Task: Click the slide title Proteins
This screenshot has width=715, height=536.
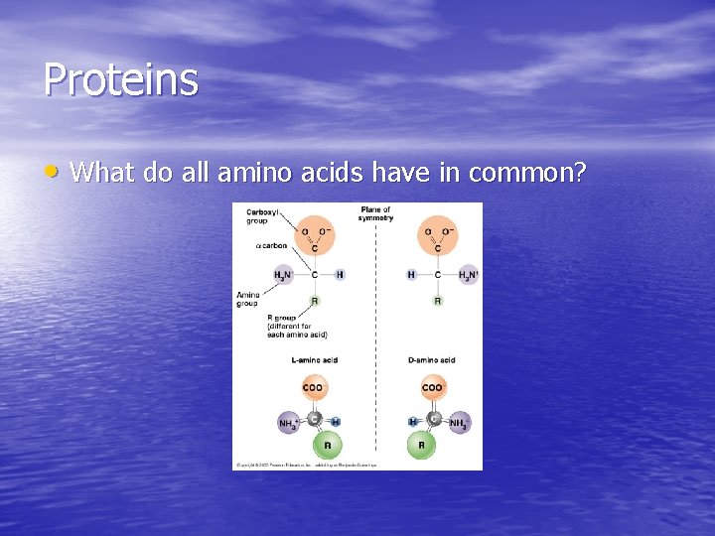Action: pyautogui.click(x=120, y=79)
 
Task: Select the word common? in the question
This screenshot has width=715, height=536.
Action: pyautogui.click(x=527, y=173)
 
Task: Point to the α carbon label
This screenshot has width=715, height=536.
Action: pyautogui.click(x=271, y=245)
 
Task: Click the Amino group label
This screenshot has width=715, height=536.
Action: pyautogui.click(x=247, y=299)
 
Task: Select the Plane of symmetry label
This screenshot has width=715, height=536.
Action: pyautogui.click(x=376, y=213)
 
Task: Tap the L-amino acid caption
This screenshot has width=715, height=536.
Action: pyautogui.click(x=314, y=360)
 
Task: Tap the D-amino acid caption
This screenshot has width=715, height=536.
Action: pyautogui.click(x=432, y=360)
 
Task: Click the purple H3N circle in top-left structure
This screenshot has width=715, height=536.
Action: pyautogui.click(x=284, y=274)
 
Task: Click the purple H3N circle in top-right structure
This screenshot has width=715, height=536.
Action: pyautogui.click(x=468, y=274)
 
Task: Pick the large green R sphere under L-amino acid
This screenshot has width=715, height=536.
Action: pyautogui.click(x=314, y=445)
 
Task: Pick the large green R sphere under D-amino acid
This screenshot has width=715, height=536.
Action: pyautogui.click(x=421, y=445)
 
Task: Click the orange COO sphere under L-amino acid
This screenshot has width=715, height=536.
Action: pyautogui.click(x=315, y=388)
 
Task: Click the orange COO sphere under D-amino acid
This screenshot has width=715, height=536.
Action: pyautogui.click(x=433, y=388)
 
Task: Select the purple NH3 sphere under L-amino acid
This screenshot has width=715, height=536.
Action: pyautogui.click(x=288, y=424)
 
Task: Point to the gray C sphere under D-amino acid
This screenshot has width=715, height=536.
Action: pyautogui.click(x=433, y=419)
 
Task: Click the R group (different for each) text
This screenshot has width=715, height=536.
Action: pyautogui.click(x=297, y=327)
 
